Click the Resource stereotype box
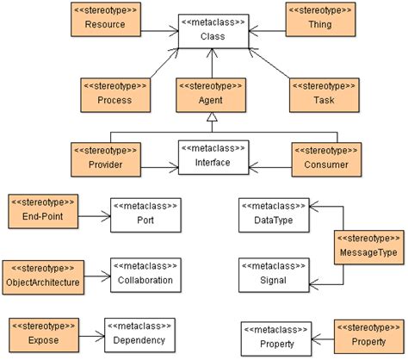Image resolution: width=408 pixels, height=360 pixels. pyautogui.click(x=105, y=19)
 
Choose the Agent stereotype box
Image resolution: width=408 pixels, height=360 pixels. pyautogui.click(x=212, y=94)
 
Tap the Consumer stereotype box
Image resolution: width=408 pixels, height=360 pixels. pyautogui.click(x=325, y=156)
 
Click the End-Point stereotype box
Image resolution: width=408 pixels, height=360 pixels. pyautogui.click(x=43, y=211)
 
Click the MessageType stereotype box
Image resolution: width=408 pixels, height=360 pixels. pyautogui.click(x=368, y=247)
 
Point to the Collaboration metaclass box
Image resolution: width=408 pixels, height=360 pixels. pyautogui.click(x=145, y=273)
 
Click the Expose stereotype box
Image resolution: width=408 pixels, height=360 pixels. pyautogui.click(x=43, y=332)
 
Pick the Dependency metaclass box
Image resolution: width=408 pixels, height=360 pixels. pyautogui.click(x=139, y=333)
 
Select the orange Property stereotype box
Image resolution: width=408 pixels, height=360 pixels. pyautogui.click(x=368, y=333)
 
